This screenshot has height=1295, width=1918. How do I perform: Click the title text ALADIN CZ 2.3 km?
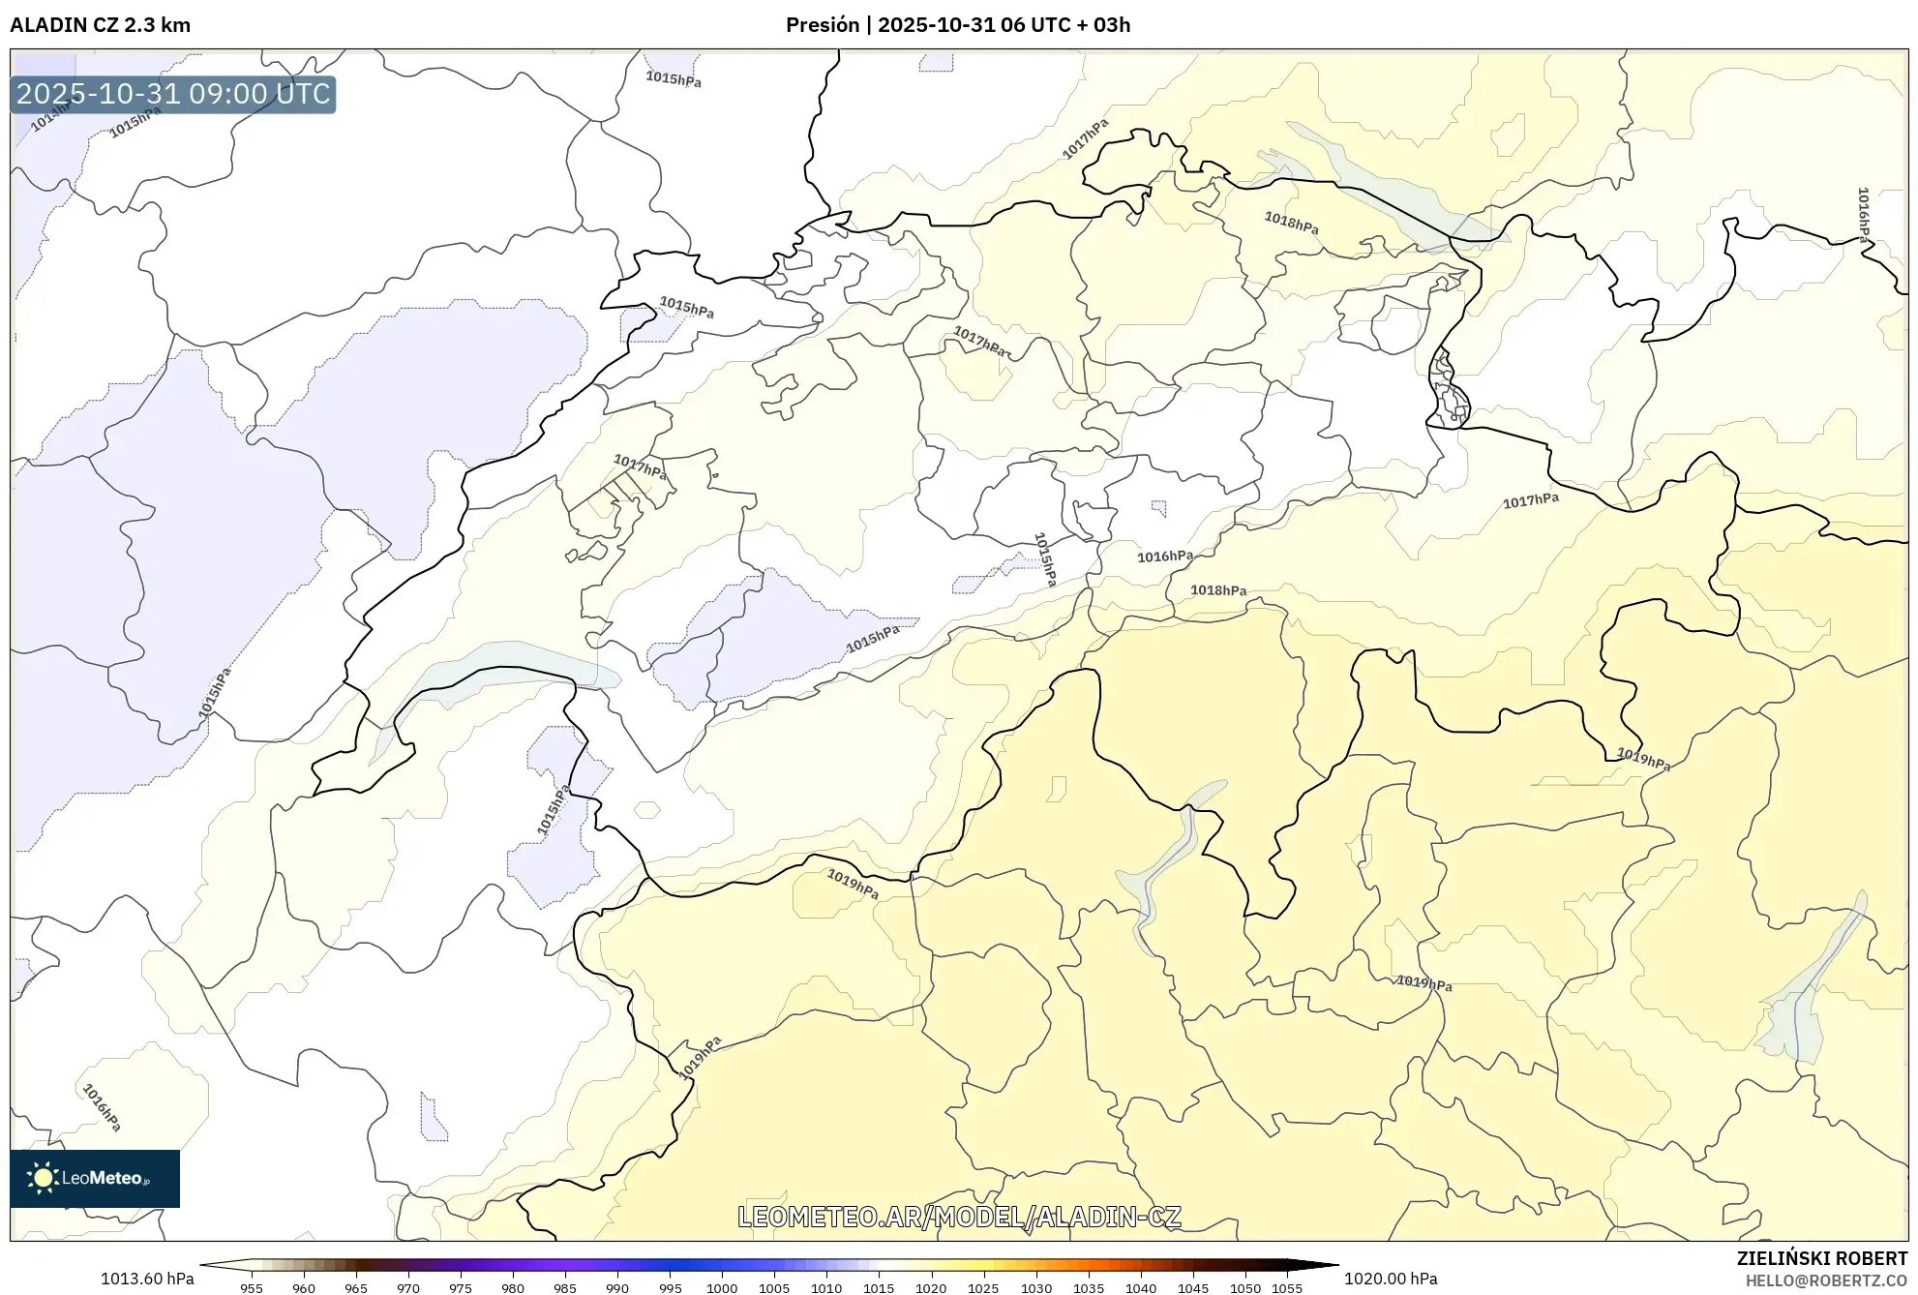[100, 25]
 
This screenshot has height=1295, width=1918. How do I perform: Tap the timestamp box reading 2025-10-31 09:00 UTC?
[173, 94]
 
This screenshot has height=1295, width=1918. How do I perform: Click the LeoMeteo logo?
[95, 1178]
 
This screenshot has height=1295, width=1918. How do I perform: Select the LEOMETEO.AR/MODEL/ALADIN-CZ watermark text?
[959, 1217]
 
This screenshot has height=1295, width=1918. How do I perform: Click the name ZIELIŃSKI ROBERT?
[1821, 1258]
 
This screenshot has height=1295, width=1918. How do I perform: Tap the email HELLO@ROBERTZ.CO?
[1825, 1280]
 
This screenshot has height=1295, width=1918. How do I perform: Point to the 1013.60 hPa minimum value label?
[147, 1279]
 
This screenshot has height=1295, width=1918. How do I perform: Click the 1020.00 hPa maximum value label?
[1390, 1279]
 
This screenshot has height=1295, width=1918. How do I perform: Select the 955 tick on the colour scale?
[252, 1288]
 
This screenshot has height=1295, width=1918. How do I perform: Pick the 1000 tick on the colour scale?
[722, 1288]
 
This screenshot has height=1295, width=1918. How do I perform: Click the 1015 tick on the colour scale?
[879, 1288]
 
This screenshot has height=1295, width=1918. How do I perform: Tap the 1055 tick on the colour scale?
[1287, 1288]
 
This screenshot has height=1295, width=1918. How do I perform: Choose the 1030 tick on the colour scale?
[1035, 1288]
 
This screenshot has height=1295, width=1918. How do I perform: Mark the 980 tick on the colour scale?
[513, 1288]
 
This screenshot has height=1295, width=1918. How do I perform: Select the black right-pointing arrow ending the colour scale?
[1326, 1264]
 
